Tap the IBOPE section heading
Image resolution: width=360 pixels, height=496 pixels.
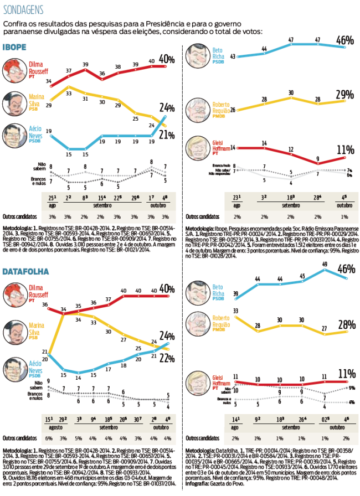point(15,48)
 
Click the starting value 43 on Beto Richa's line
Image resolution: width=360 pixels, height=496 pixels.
point(233,56)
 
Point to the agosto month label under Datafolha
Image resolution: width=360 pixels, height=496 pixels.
point(55,427)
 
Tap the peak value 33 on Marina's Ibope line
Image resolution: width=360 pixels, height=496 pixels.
point(69,94)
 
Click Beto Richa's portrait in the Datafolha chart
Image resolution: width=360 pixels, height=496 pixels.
point(197,291)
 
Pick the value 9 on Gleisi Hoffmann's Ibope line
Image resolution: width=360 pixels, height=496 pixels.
point(317,159)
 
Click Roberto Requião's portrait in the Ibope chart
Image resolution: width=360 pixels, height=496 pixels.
point(197,109)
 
